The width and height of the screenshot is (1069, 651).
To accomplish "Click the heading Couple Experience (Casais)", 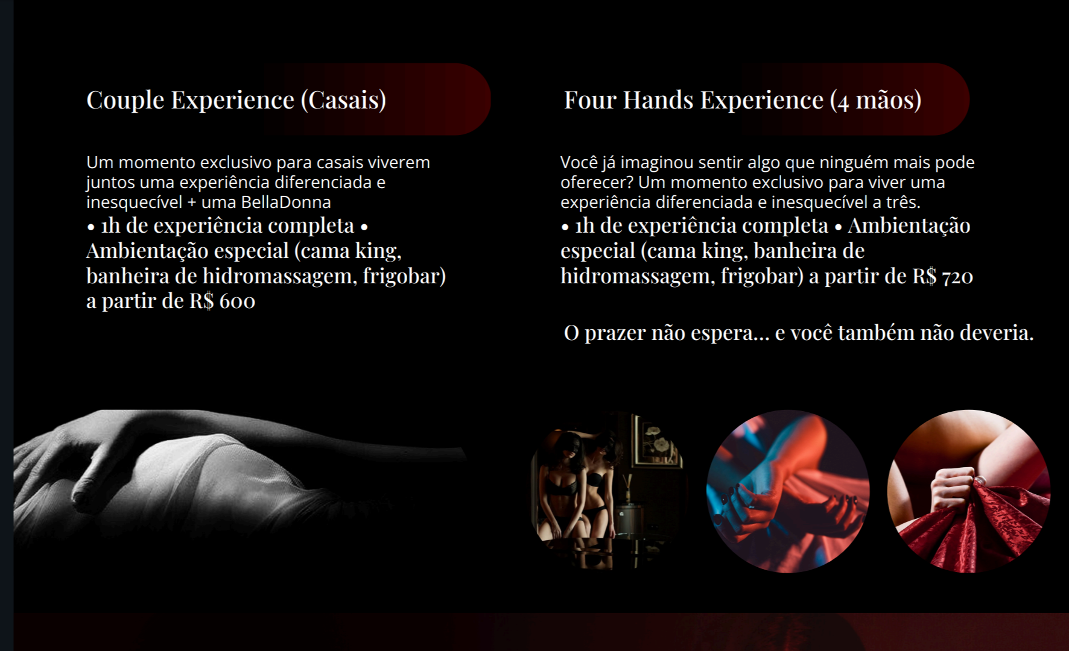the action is [236, 100].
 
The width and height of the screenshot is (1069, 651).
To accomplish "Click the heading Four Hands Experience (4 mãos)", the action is [743, 100].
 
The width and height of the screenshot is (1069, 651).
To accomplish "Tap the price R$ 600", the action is [222, 300].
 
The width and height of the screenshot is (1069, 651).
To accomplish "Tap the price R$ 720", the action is [942, 276].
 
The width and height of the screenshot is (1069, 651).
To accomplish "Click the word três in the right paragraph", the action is [902, 202].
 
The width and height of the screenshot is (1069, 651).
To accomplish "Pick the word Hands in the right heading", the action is [658, 100].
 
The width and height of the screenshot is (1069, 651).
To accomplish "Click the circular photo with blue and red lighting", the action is [788, 491].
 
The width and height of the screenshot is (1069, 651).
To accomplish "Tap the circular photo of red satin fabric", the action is [969, 491].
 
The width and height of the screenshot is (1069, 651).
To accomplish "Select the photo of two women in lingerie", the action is [606, 491].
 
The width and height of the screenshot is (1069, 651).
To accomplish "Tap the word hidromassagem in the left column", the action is [279, 276].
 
